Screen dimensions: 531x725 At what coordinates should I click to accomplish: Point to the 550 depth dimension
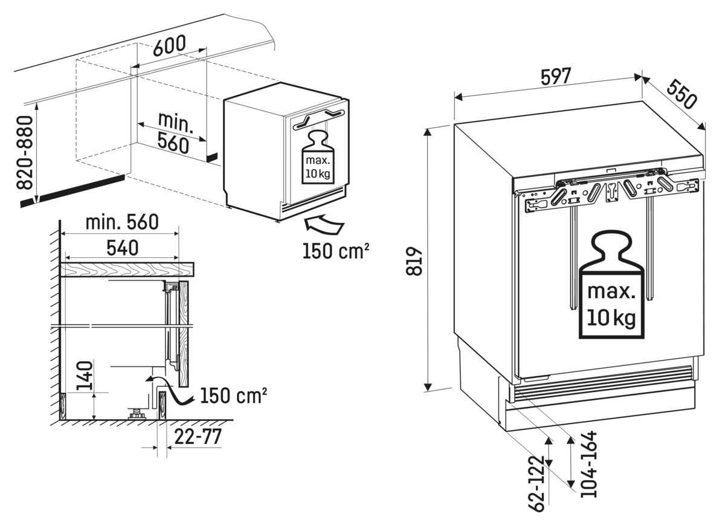tap(681, 94)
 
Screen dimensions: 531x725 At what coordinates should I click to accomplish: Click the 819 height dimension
tap(413, 261)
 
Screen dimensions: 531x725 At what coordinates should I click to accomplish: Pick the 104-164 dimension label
tap(587, 464)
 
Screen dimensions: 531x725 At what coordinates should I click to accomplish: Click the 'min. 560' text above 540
tap(121, 222)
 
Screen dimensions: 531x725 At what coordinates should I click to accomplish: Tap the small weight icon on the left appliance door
tap(317, 158)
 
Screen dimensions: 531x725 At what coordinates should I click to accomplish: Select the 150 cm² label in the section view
tap(233, 396)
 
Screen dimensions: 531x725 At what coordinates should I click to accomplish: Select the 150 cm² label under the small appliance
tap(336, 249)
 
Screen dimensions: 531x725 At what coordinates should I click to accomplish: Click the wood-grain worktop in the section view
tap(127, 269)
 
